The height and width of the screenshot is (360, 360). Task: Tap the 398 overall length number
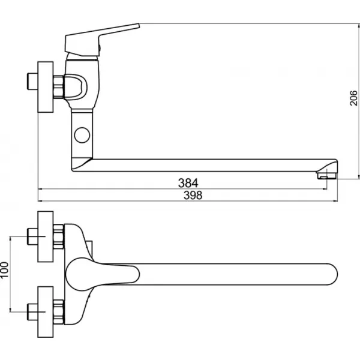[x=193, y=195]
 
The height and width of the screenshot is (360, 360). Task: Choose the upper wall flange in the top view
[x=46, y=237]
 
